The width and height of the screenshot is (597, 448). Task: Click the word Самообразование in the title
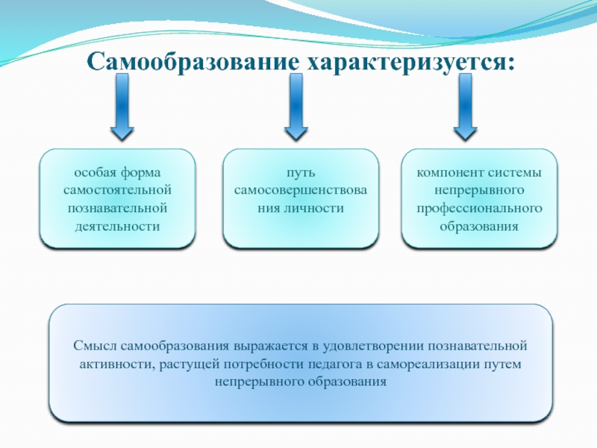pyautogui.click(x=190, y=61)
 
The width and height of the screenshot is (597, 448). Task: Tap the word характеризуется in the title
pyautogui.click(x=407, y=61)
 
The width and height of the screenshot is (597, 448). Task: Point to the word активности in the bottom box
pyautogui.click(x=116, y=364)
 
